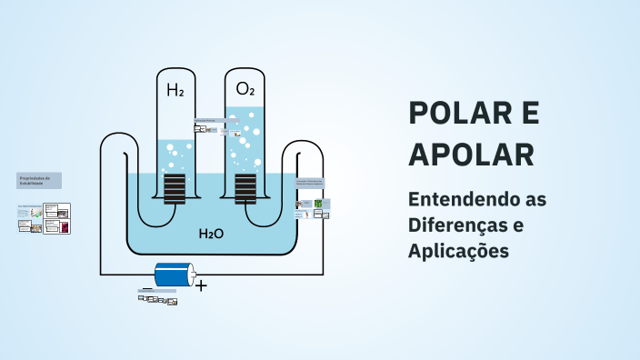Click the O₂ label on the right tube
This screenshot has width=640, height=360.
tap(245, 89)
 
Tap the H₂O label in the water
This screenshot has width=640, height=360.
tap(211, 234)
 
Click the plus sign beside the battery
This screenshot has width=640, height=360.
tap(201, 285)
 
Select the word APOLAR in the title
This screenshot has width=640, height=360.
tap(471, 155)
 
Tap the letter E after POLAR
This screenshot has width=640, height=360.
tap(529, 113)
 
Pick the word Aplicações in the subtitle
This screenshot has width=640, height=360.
tap(458, 250)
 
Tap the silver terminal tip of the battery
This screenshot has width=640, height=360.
tap(193, 274)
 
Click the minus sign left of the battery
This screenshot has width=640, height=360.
tap(146, 289)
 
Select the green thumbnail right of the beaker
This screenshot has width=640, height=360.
tap(319, 204)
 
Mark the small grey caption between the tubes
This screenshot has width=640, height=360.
tap(208, 120)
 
